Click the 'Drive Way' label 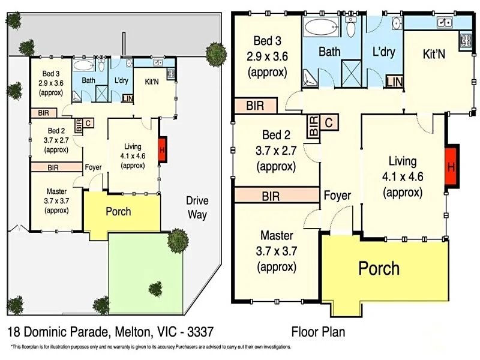click(196, 206)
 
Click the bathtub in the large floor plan click(322, 27)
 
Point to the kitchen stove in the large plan click(465, 41)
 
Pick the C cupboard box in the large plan click(329, 123)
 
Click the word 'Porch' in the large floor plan click(379, 268)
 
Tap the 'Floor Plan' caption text click(318, 331)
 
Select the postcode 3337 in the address click(199, 331)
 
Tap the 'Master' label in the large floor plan click(277, 235)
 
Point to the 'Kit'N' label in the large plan click(434, 54)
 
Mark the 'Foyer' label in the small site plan click(93, 168)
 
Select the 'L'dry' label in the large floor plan click(383, 52)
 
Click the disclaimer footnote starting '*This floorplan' click(150, 347)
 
